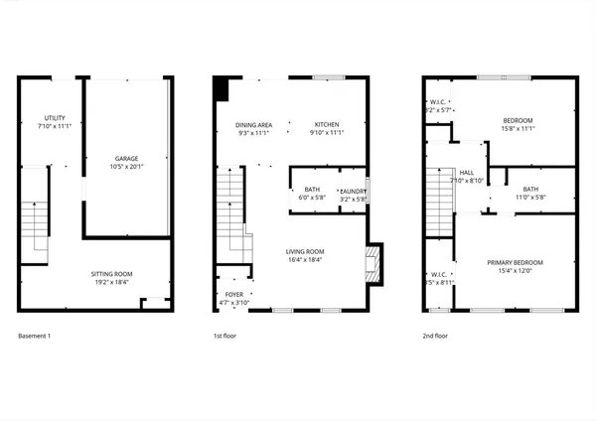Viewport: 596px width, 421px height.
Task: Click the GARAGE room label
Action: (126, 158)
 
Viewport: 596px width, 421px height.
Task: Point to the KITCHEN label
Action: (327, 124)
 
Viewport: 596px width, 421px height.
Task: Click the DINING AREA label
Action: (253, 124)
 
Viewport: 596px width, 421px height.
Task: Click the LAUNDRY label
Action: (354, 191)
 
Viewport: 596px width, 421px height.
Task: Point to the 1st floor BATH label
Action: (312, 190)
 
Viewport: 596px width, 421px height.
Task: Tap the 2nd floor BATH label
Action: (530, 189)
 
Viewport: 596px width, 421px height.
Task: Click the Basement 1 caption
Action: (35, 337)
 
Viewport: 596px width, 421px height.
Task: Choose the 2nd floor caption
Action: (435, 337)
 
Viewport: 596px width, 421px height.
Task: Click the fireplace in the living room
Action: (372, 263)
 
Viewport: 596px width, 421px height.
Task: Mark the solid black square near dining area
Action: (222, 90)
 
